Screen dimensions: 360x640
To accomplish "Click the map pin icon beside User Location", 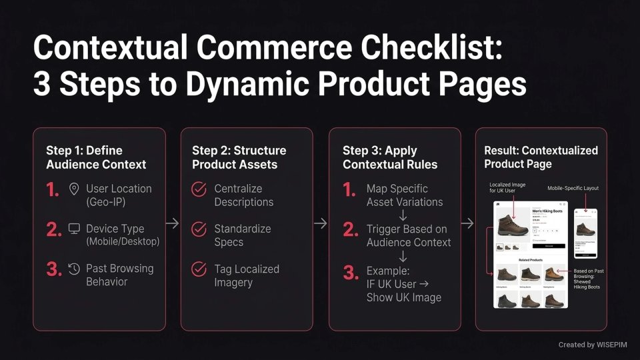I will point(74,189).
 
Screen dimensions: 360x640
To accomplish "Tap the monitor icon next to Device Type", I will point(74,229).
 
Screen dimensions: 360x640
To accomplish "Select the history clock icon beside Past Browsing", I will point(74,269).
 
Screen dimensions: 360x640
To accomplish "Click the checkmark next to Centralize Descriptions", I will point(199,189).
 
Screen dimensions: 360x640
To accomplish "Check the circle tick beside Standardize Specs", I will point(199,229).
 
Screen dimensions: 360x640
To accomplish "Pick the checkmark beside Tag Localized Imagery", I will point(199,269).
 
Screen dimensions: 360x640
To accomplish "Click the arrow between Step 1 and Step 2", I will point(173,224).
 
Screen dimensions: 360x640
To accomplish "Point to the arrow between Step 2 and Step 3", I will point(321,224).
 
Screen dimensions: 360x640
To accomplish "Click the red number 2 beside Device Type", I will point(53,230).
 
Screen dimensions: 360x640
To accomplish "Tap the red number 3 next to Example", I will point(350,272).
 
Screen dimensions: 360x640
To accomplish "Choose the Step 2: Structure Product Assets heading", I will point(239,157).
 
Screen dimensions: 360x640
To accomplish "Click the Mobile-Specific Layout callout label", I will point(573,188).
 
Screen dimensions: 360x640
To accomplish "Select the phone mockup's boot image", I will point(585,229).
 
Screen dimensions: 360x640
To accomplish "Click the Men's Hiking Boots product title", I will point(547,211).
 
